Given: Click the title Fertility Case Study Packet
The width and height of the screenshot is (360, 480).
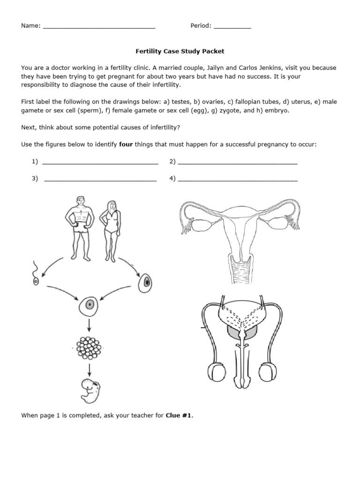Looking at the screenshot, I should point(180,51).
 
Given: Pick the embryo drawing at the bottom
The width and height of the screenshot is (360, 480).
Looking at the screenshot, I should point(89,389).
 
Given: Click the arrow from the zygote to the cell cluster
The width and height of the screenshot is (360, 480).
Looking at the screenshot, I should point(89,326).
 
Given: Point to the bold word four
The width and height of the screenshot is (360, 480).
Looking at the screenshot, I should point(127,144).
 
